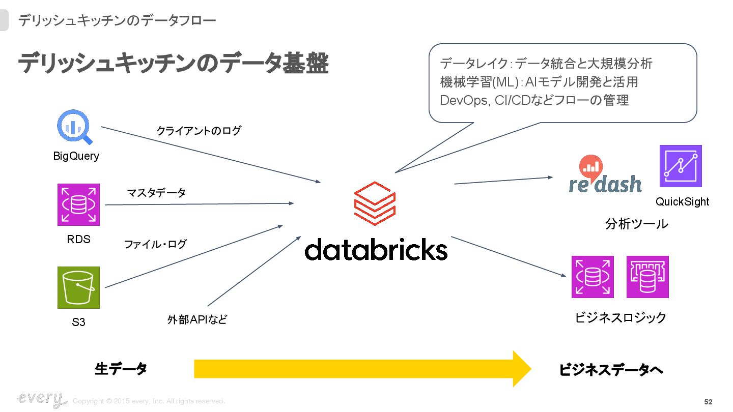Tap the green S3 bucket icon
[x=78, y=287]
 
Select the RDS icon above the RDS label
[x=78, y=204]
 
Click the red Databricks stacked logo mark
[x=375, y=203]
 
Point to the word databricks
[x=376, y=249]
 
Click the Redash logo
[x=605, y=175]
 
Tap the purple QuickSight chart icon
[x=681, y=166]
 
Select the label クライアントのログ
[x=199, y=131]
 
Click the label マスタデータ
[x=156, y=193]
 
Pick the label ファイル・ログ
[x=155, y=244]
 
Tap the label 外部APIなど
[x=197, y=319]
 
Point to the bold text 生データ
[x=121, y=369]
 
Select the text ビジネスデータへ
[x=611, y=370]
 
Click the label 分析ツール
[x=636, y=224]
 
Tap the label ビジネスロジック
[x=621, y=317]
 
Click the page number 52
[x=708, y=402]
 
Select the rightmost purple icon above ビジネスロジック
[x=647, y=277]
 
